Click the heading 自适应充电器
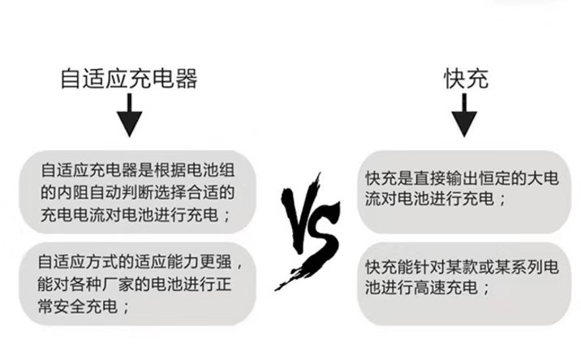point(129,79)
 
